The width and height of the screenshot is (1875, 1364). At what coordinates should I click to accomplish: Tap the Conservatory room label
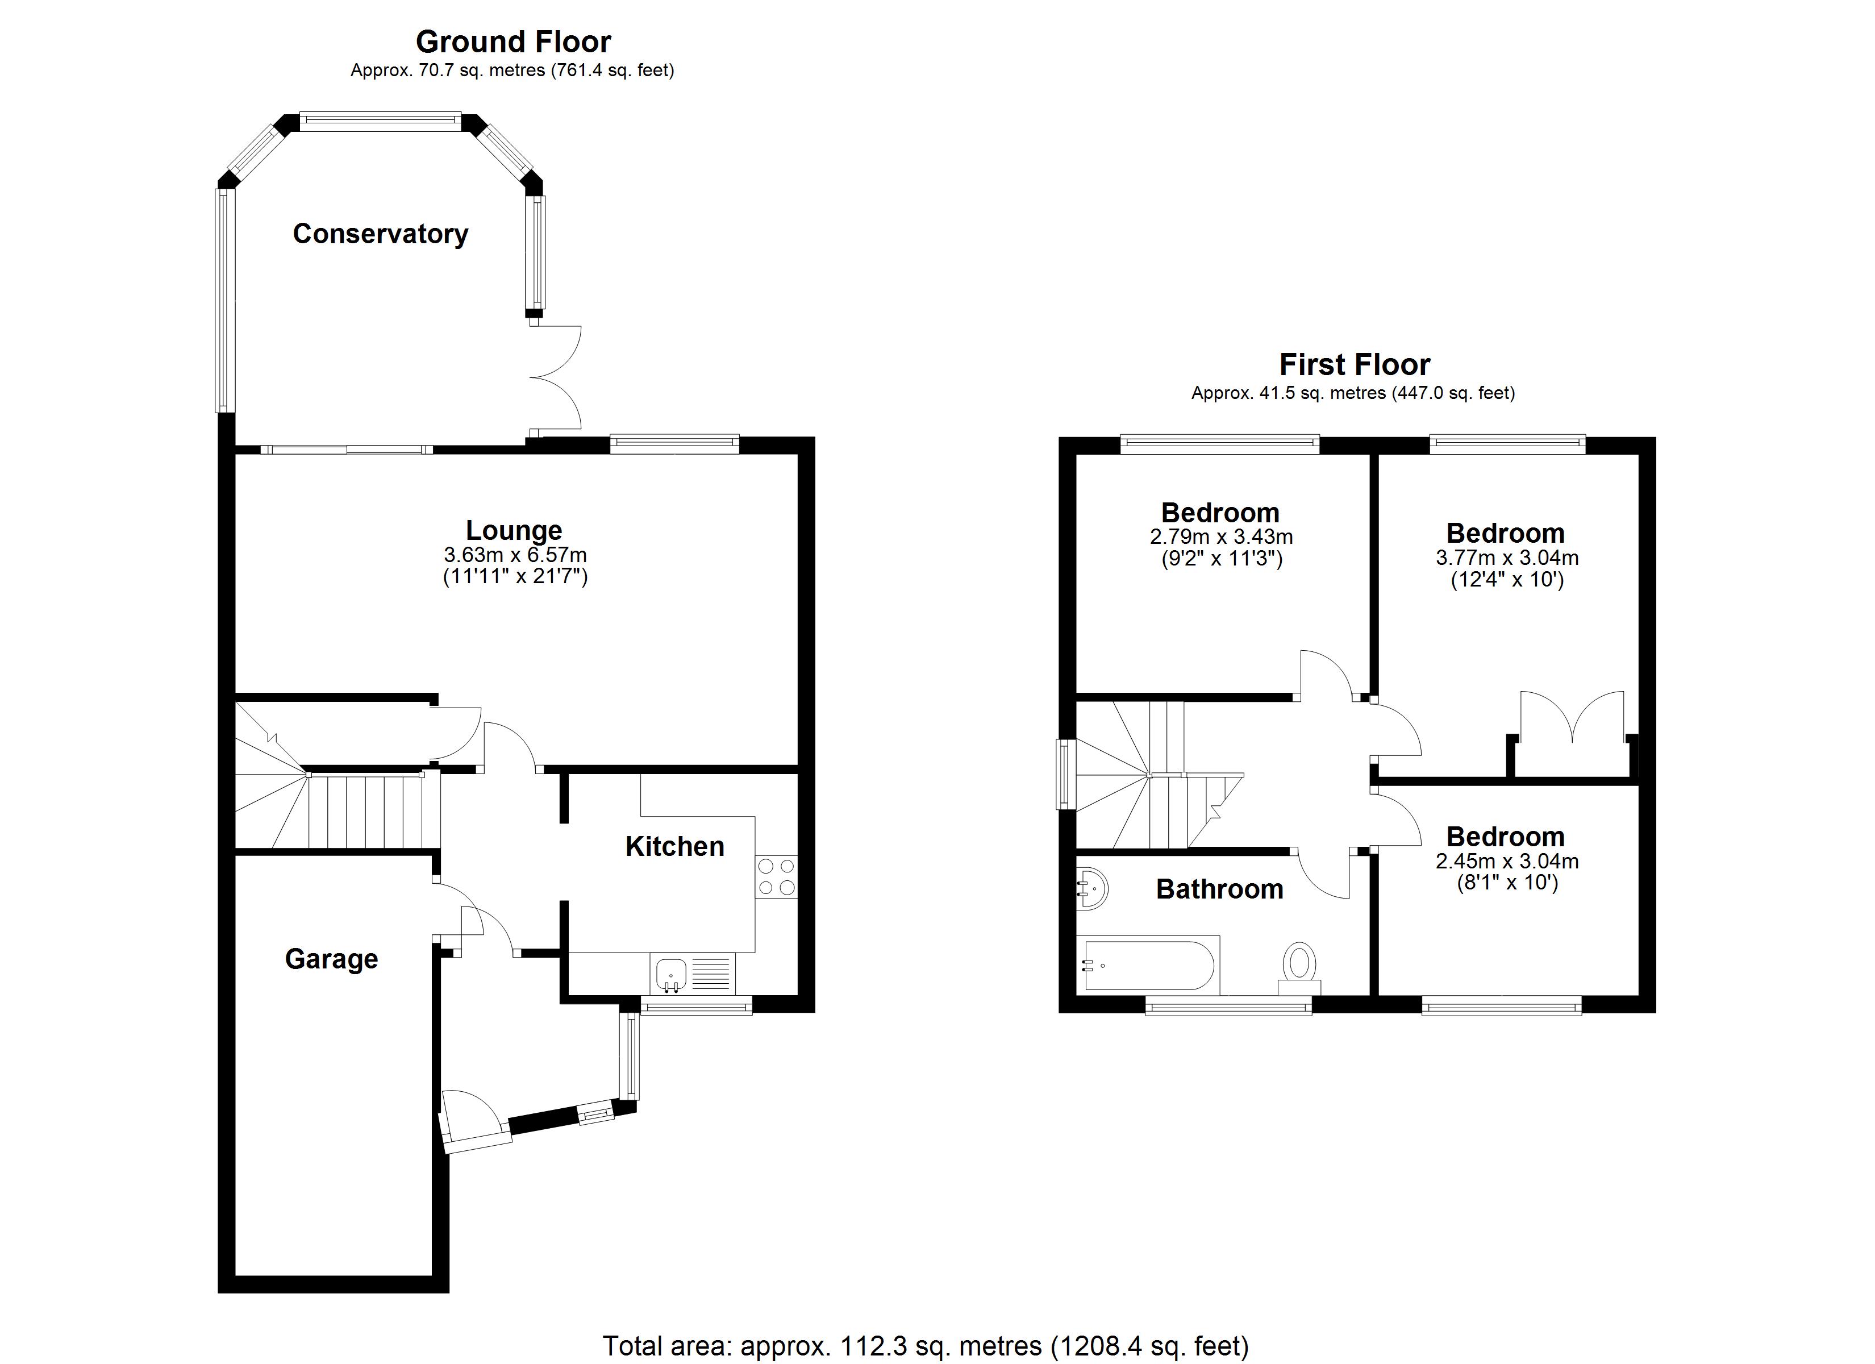tap(380, 234)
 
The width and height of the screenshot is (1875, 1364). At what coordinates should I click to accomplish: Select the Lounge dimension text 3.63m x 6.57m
tap(515, 555)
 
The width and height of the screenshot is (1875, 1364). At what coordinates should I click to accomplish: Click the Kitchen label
tap(674, 846)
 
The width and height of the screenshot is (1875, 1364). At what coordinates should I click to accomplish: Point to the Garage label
tap(331, 959)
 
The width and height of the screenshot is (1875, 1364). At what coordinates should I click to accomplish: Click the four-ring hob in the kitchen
tap(776, 877)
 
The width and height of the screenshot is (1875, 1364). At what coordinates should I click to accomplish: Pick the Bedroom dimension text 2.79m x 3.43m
tap(1221, 537)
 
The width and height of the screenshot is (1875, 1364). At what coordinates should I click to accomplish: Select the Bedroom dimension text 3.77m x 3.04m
tap(1507, 558)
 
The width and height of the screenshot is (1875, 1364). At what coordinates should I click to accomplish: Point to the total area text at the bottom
tap(925, 1346)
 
